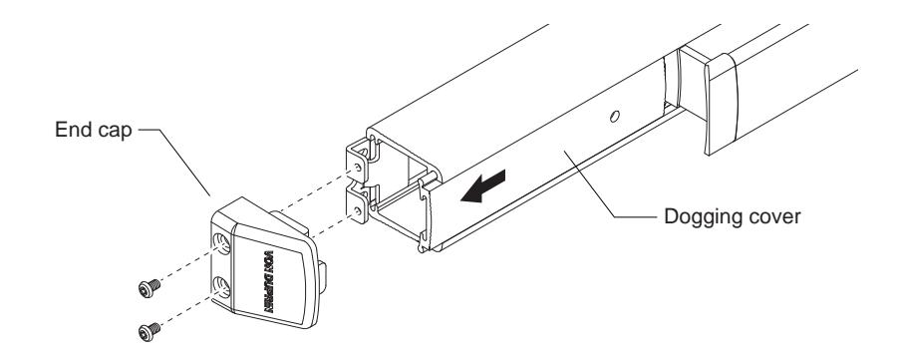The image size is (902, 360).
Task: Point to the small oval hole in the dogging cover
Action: pyautogui.click(x=614, y=118)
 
